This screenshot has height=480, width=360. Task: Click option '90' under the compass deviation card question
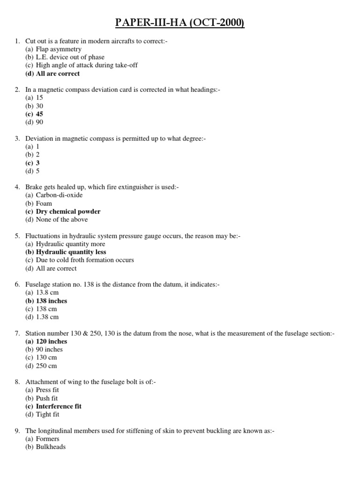tap(39, 122)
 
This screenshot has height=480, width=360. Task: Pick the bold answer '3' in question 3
tap(37, 163)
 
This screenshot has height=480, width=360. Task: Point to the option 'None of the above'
tap(62, 219)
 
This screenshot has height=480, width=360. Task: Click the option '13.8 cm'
tap(47, 292)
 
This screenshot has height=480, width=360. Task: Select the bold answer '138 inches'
tap(52, 301)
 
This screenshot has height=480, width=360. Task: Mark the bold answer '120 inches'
tap(52, 341)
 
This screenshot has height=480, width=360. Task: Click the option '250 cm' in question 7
tap(47, 366)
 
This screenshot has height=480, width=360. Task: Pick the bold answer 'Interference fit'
tap(59, 406)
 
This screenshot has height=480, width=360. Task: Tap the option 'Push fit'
tap(47, 398)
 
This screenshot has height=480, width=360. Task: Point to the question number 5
tap(17, 236)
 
